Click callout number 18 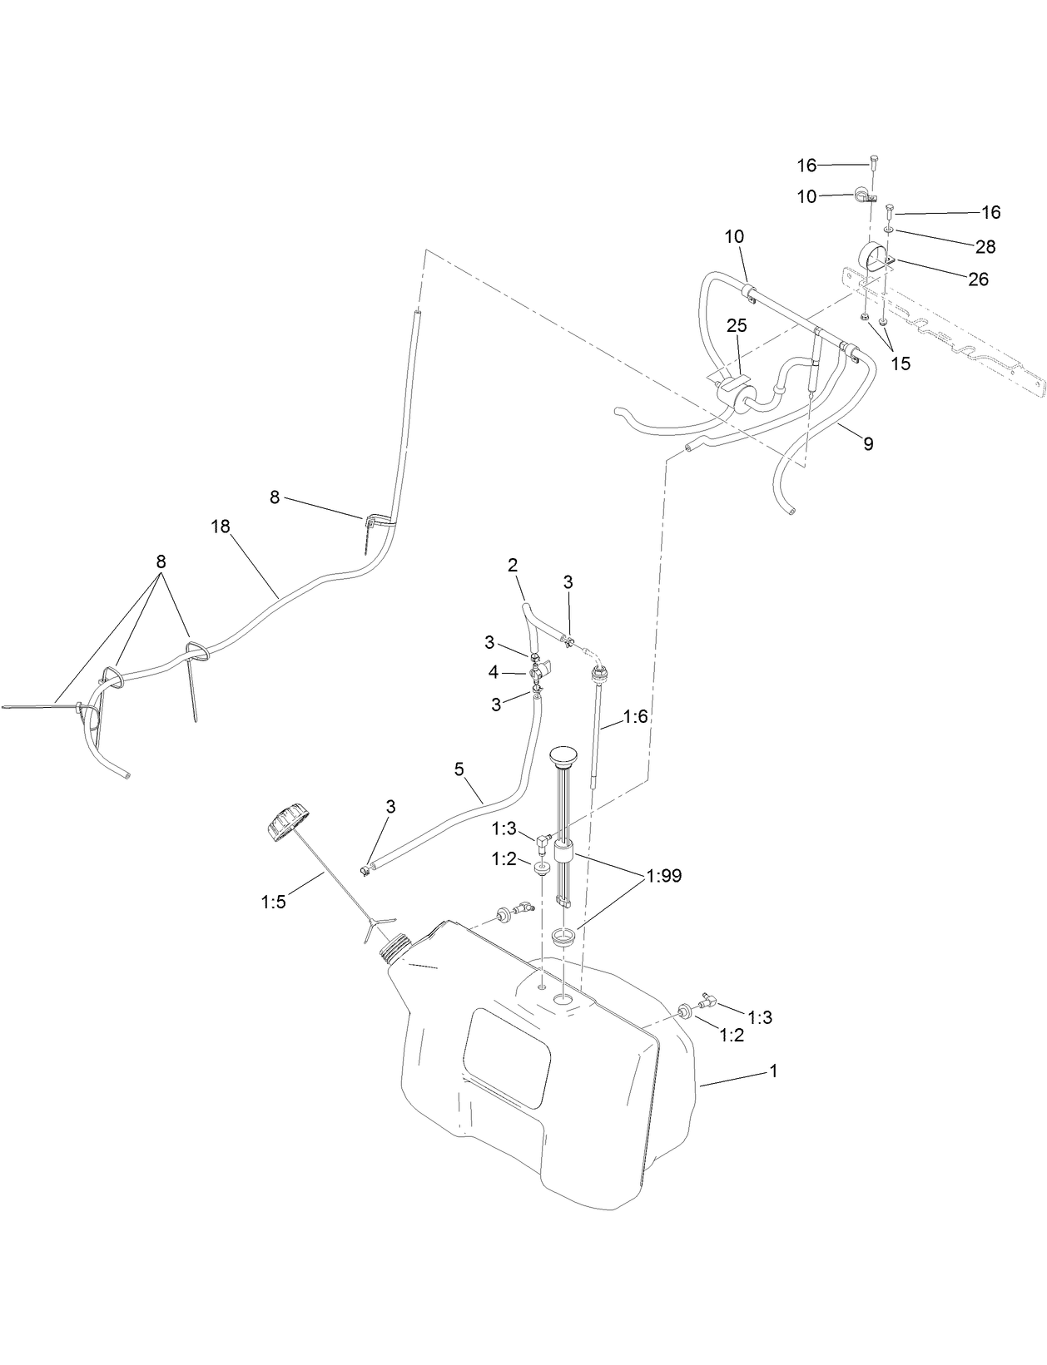(x=221, y=527)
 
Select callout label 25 (x=737, y=326)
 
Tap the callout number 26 (x=978, y=279)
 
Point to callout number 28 (x=985, y=247)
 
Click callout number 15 (x=901, y=364)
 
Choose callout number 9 (x=868, y=444)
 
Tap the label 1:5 (x=273, y=901)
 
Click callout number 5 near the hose (x=459, y=769)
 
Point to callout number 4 (x=494, y=672)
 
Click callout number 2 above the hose (x=513, y=566)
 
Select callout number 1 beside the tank (x=773, y=1071)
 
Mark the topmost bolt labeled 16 (x=873, y=160)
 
